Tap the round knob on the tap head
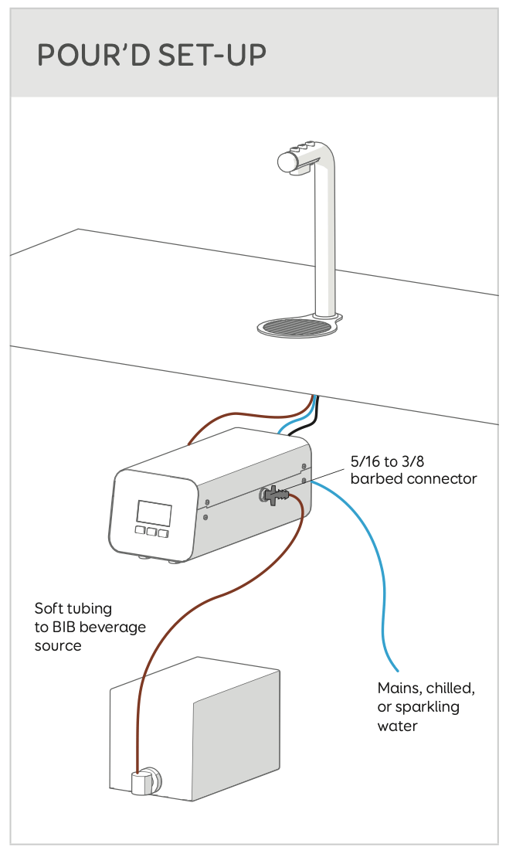288,162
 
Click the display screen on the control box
154,513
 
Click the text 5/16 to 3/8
388,461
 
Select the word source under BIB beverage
59,645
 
